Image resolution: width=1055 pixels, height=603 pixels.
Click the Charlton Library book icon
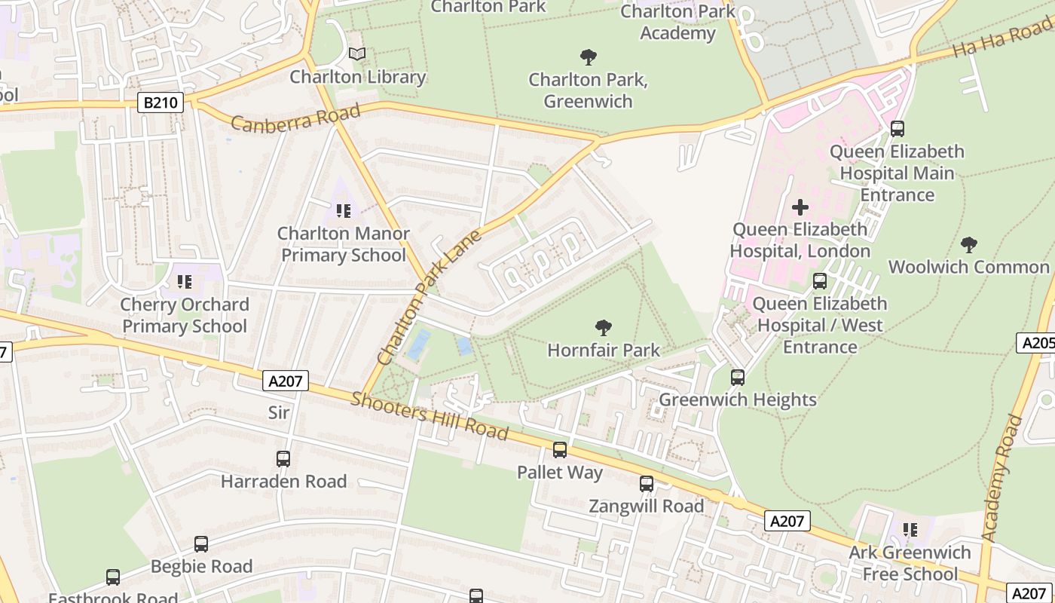click(x=357, y=54)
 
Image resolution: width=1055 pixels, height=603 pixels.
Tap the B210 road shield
click(x=161, y=103)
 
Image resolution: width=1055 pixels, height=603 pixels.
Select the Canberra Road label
click(x=295, y=118)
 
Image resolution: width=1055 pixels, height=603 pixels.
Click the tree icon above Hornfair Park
click(x=603, y=328)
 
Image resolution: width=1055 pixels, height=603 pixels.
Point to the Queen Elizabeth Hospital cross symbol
click(x=800, y=207)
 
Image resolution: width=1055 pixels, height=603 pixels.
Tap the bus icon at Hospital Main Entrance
click(x=897, y=129)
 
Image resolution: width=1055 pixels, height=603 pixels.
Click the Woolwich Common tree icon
click(x=969, y=244)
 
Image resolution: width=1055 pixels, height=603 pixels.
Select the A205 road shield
click(x=1037, y=343)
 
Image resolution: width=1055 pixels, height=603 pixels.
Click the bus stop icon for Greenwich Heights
click(x=738, y=378)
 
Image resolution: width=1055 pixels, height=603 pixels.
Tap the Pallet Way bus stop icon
click(x=560, y=450)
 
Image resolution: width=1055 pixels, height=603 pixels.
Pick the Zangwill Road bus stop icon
click(x=647, y=484)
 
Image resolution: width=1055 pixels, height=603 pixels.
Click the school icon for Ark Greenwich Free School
click(x=910, y=530)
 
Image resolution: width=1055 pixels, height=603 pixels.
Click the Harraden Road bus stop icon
click(x=283, y=458)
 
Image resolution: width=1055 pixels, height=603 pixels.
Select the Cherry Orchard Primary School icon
click(x=185, y=282)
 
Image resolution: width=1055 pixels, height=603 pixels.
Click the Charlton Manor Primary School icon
click(x=344, y=211)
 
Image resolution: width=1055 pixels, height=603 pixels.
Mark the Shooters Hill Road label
click(x=430, y=415)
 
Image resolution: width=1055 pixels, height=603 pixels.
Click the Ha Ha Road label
click(x=1002, y=39)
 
